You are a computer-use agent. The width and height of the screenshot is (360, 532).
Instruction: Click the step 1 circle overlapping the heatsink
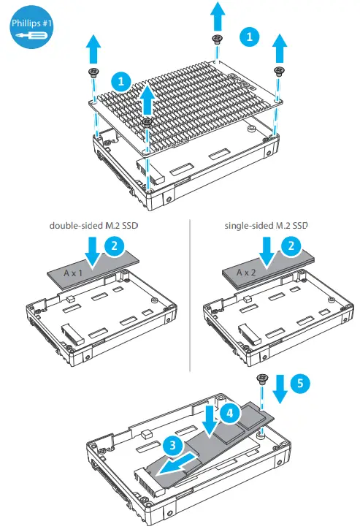click(x=120, y=79)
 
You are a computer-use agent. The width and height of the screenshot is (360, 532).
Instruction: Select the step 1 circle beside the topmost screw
click(x=250, y=35)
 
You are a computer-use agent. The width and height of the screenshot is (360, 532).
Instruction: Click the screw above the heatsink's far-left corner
click(x=93, y=72)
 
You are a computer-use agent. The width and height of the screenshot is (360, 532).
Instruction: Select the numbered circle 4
click(x=229, y=414)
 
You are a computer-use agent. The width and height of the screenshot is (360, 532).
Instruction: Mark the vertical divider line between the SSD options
click(x=189, y=292)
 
